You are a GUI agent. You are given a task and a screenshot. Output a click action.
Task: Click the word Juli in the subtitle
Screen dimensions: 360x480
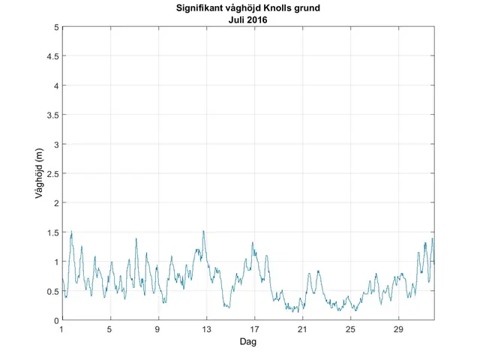coord(236,20)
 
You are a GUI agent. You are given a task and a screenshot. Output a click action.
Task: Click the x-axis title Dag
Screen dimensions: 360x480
coord(248,342)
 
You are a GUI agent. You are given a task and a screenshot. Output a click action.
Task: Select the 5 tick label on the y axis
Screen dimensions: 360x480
coord(55,27)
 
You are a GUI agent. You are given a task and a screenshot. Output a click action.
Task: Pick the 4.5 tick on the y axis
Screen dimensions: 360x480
coord(52,56)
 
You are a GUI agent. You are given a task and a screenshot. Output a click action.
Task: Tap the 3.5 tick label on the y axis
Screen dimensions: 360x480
coord(52,115)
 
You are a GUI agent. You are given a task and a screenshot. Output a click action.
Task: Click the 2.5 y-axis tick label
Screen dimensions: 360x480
coord(52,173)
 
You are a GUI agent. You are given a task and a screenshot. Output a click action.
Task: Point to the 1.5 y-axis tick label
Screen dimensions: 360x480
coord(52,232)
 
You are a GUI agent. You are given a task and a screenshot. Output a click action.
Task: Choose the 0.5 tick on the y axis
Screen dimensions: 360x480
coord(52,291)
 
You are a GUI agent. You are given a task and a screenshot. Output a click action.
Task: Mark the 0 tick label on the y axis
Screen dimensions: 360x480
coord(55,320)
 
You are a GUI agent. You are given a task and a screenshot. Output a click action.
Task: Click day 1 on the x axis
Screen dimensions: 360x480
coord(62,329)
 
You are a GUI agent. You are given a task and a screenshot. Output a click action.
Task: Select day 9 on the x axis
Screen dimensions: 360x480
coord(158,329)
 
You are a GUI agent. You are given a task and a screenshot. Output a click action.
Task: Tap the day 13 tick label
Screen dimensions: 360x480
coord(206,329)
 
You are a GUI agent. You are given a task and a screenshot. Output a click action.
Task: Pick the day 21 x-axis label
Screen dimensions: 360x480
coord(302,329)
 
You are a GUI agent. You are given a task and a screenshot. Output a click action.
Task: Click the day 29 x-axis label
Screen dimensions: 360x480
coord(398,329)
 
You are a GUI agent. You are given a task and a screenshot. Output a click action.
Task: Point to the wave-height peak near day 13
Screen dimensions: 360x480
coord(203,232)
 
